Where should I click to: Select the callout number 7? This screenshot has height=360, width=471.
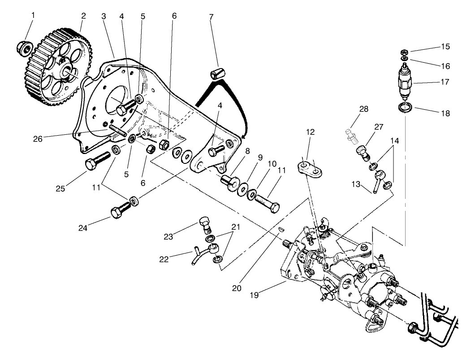[x=211, y=17]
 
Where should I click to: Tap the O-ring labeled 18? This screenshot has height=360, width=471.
[x=406, y=107]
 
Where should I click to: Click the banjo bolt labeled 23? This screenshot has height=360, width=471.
[x=205, y=223]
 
